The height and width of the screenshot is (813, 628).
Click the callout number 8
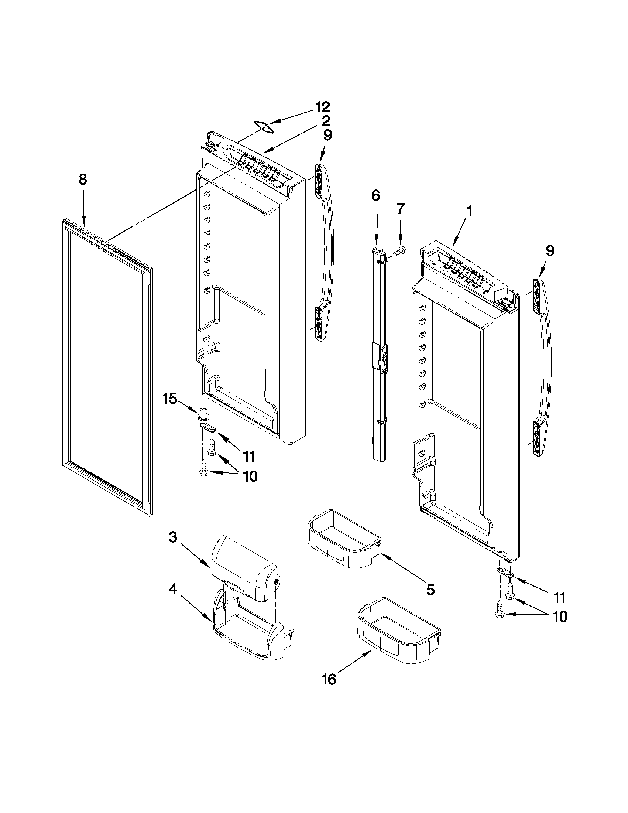tap(83, 180)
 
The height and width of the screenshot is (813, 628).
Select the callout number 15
tap(170, 399)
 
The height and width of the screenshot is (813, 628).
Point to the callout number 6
tap(376, 195)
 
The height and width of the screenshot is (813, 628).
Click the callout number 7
tap(400, 208)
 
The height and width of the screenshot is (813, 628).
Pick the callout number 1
tap(469, 211)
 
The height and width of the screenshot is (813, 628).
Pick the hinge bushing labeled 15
tap(203, 413)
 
